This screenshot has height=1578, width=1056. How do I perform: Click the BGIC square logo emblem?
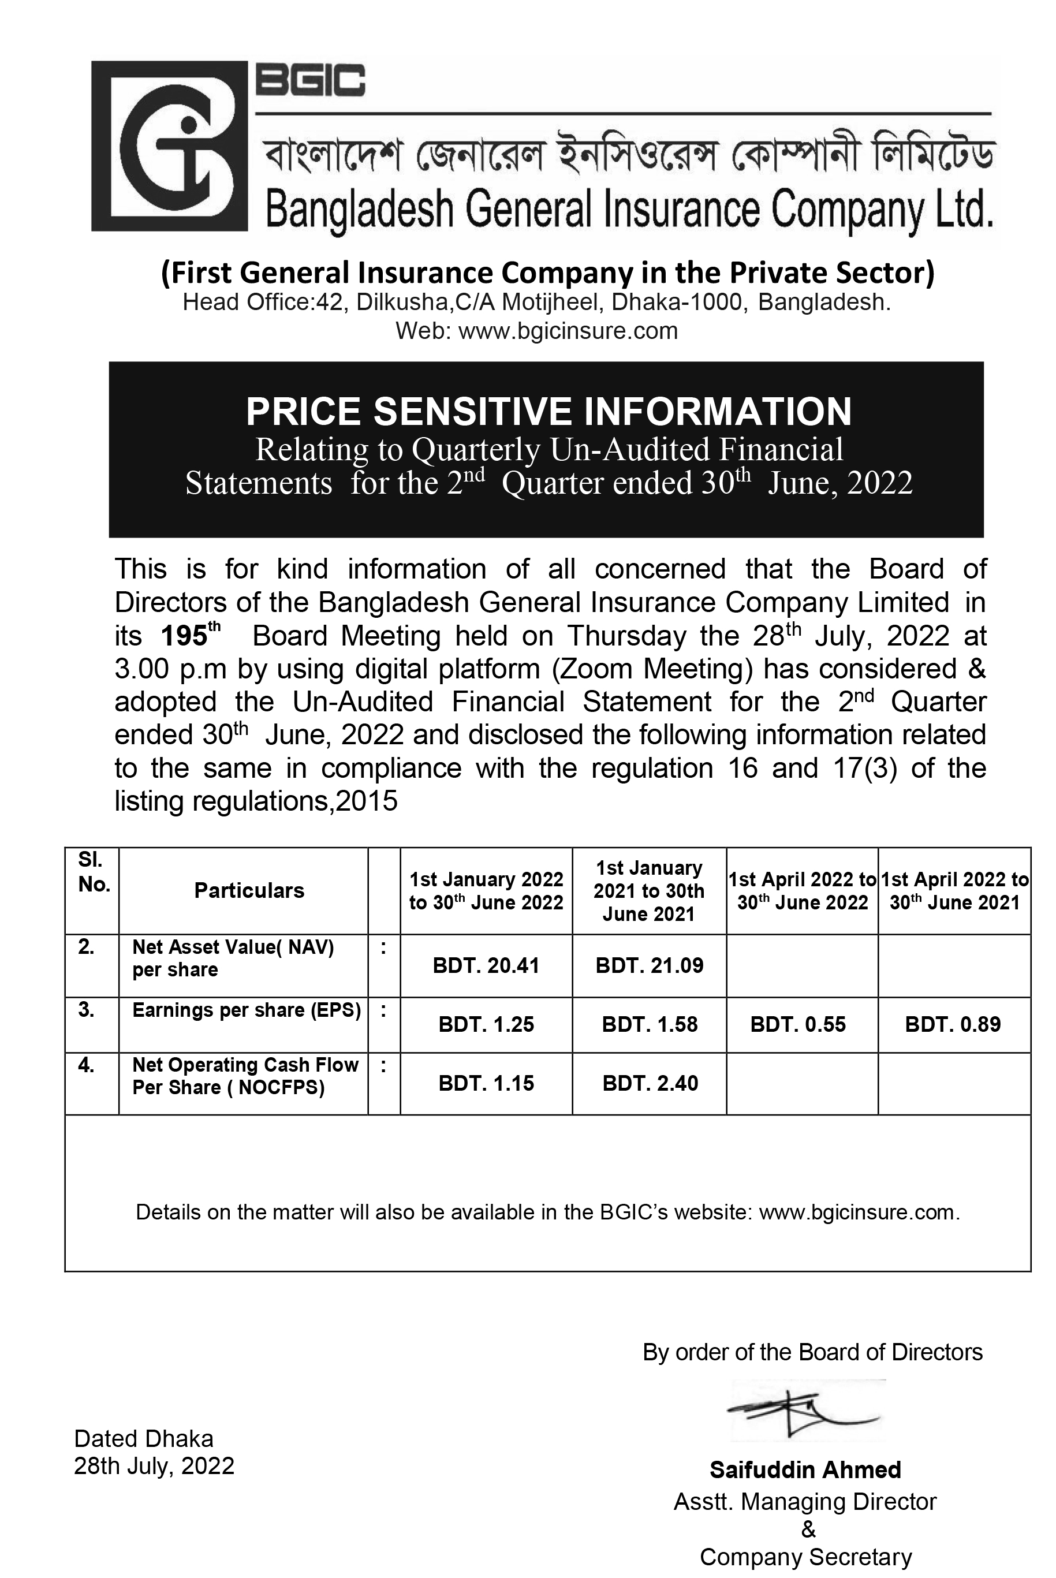(x=170, y=146)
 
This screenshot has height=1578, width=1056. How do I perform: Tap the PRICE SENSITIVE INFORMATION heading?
(x=548, y=412)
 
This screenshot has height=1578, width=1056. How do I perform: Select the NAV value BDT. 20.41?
(x=486, y=966)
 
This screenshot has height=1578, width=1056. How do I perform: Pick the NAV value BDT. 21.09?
(x=649, y=966)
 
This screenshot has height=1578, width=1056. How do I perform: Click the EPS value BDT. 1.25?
(x=486, y=1024)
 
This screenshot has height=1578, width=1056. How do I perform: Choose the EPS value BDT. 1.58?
(x=649, y=1024)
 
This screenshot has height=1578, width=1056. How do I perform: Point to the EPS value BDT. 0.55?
(x=797, y=1024)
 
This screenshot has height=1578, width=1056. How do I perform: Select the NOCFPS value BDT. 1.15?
(x=486, y=1083)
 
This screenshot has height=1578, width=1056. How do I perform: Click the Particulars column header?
(x=249, y=890)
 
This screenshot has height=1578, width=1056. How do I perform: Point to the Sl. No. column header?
(x=93, y=872)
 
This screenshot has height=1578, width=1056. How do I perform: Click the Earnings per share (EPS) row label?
(x=246, y=1010)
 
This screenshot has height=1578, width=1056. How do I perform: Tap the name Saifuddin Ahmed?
(x=805, y=1469)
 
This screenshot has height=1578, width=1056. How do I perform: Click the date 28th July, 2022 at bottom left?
(x=154, y=1465)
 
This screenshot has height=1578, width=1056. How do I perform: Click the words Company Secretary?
(x=805, y=1557)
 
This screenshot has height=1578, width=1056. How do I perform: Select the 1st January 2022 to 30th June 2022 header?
(x=486, y=890)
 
